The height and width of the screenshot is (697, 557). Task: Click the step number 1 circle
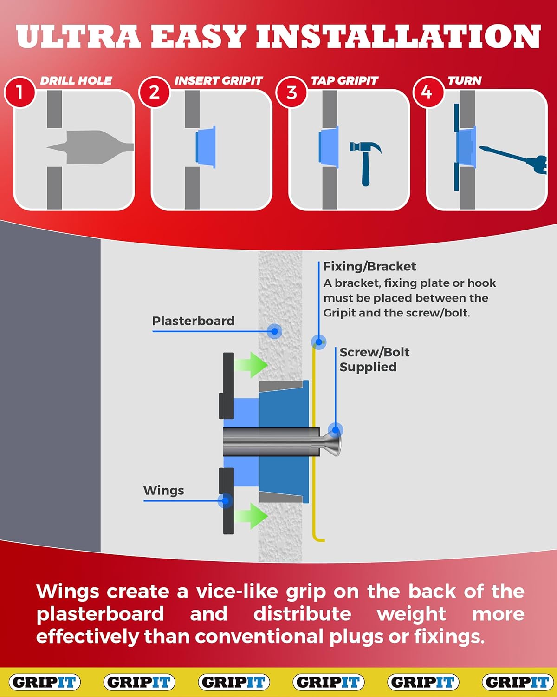(x=19, y=92)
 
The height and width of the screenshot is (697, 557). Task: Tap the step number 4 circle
(x=427, y=92)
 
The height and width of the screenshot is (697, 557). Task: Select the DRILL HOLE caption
(x=76, y=80)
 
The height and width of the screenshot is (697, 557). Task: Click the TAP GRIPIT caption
(x=344, y=80)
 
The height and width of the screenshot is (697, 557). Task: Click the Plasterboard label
(x=193, y=321)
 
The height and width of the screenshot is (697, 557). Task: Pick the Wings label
(x=163, y=490)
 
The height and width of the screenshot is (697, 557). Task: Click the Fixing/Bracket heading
(x=369, y=266)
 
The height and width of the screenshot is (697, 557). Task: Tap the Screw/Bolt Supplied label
(x=374, y=359)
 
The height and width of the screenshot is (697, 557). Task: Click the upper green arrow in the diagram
(x=251, y=364)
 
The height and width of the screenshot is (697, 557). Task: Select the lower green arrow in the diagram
(x=251, y=515)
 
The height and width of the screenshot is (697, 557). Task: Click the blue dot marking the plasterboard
(x=274, y=331)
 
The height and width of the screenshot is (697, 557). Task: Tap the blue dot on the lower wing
(x=226, y=501)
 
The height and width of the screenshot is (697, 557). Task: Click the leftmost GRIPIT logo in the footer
(x=45, y=682)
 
